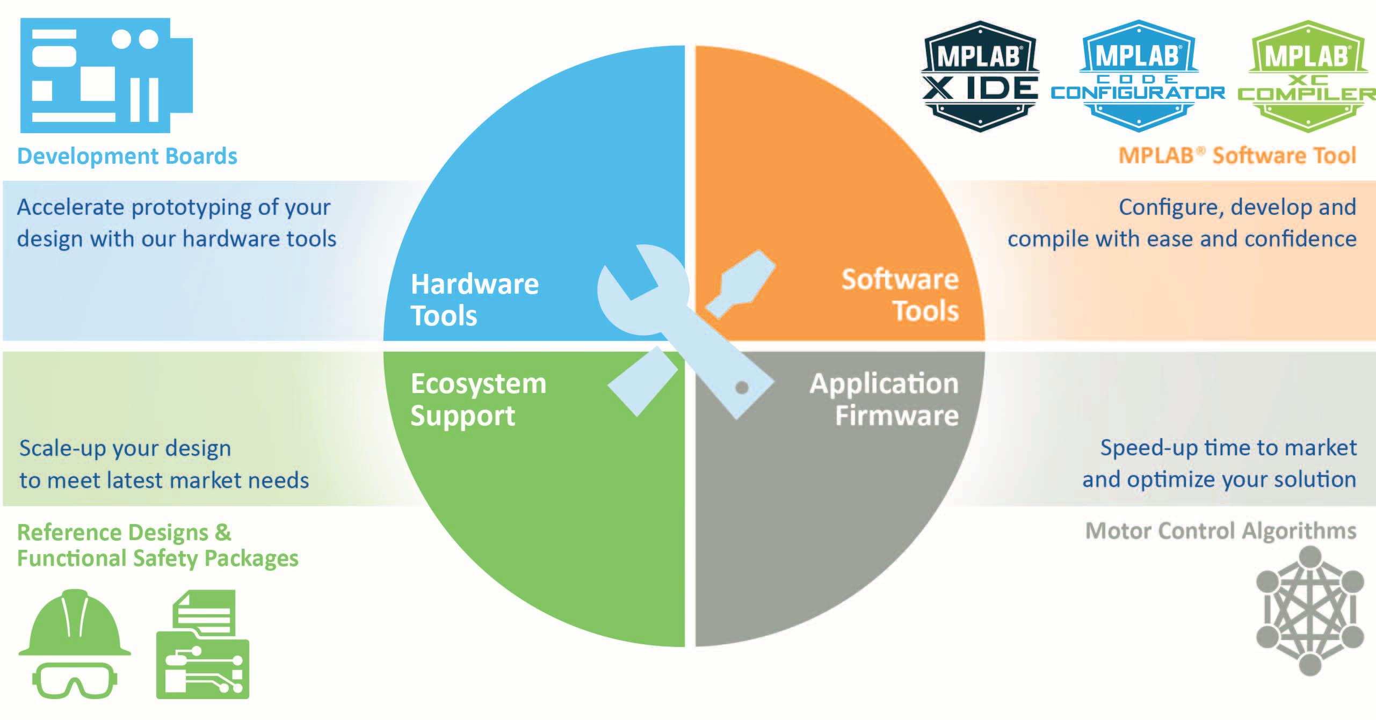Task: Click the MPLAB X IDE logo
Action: (x=980, y=76)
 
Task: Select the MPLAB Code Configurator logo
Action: (x=1138, y=76)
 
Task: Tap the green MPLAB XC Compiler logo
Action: (x=1307, y=76)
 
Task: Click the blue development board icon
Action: (x=106, y=75)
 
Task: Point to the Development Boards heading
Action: (x=127, y=156)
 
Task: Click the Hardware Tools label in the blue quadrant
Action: (x=474, y=299)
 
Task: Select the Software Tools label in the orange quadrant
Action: (x=900, y=295)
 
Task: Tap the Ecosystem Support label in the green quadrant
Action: (x=478, y=399)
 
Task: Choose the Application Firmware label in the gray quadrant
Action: (x=884, y=399)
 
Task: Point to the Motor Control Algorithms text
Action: (x=1220, y=530)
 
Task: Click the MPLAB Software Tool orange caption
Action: (x=1237, y=156)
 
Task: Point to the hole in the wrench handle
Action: (x=742, y=387)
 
